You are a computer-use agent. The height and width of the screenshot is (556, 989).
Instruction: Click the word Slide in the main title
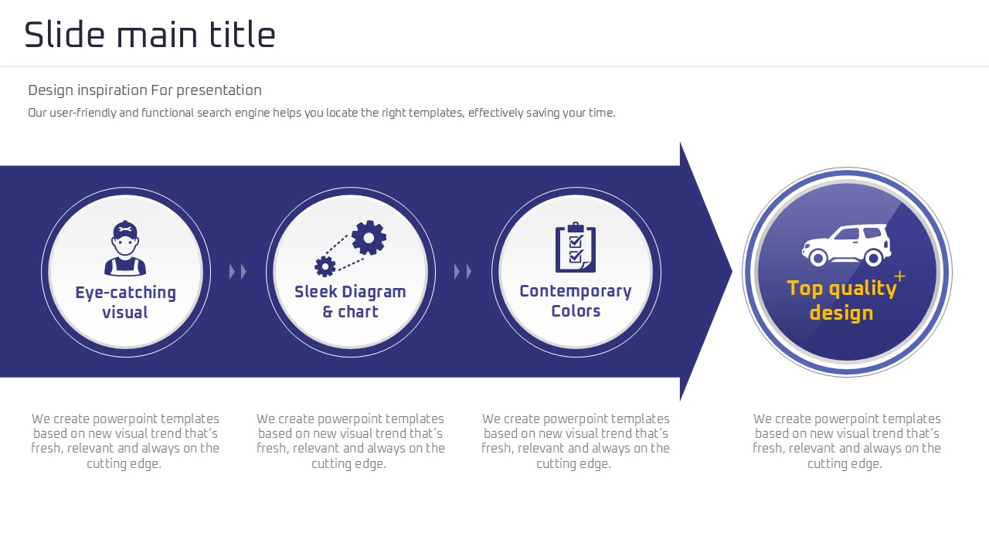pos(64,35)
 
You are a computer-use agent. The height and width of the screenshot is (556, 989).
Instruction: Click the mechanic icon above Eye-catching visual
pos(125,249)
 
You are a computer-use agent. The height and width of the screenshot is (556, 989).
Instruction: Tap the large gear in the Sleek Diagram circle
pos(369,238)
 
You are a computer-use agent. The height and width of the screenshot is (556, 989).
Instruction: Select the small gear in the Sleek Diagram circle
pos(325,266)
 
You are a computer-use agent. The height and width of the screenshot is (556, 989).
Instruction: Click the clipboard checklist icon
pos(576,247)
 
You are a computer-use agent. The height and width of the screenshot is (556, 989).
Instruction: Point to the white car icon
pos(846,246)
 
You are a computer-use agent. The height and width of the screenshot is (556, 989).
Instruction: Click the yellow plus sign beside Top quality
pos(899,276)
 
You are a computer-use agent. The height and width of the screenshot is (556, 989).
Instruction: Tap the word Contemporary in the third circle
pos(576,292)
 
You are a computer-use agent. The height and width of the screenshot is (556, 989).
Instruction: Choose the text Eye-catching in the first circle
pos(125,293)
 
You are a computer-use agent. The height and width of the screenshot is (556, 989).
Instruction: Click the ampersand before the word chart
pos(328,311)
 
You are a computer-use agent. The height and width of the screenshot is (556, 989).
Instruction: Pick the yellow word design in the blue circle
pos(841,313)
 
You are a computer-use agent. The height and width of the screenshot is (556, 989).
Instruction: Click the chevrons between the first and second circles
pos(238,271)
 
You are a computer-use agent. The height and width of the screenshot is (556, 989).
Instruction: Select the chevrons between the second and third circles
pos(463,271)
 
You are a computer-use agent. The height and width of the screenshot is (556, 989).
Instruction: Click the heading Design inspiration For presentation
pos(144,90)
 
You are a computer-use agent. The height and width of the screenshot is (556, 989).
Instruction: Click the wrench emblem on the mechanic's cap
pos(125,229)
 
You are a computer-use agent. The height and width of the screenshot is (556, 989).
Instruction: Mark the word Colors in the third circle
pos(576,311)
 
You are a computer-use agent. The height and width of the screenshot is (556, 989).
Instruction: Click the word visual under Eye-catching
pos(125,313)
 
